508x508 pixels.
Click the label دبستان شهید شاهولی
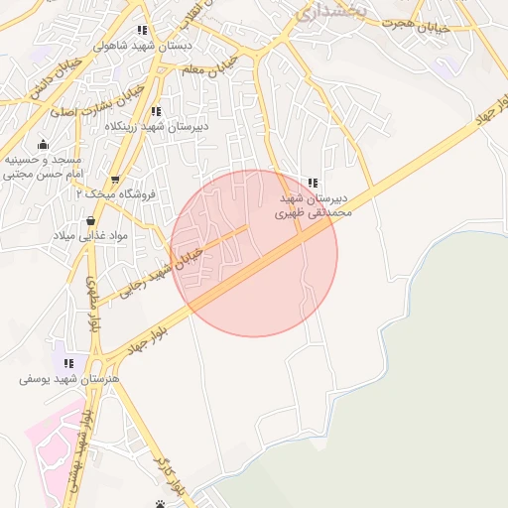[x=134, y=45]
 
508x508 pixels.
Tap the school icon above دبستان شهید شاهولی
[x=143, y=30]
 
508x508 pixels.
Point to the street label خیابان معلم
[x=206, y=68]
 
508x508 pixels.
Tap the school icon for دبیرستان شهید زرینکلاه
[x=155, y=111]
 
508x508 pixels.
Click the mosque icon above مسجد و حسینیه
[x=42, y=145]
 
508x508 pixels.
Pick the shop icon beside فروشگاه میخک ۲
[x=115, y=181]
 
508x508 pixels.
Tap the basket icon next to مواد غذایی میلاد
[x=91, y=220]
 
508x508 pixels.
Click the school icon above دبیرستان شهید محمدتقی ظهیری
[x=314, y=183]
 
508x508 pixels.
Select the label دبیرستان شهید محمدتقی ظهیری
[x=314, y=205]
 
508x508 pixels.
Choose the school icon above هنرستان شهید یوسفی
[x=68, y=363]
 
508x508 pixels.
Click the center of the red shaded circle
[x=254, y=253]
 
